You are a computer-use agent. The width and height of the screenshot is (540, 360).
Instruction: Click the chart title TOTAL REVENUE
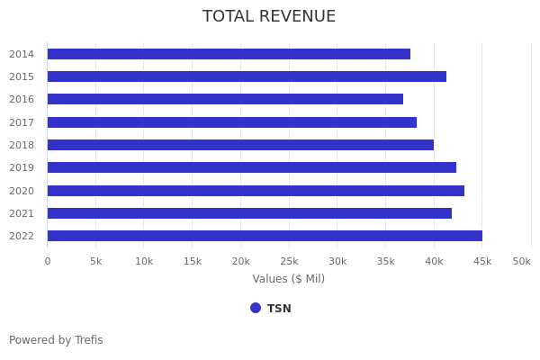click(x=269, y=17)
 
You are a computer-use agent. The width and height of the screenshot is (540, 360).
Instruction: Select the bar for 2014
click(x=229, y=54)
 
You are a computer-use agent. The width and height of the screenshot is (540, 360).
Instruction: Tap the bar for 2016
click(x=225, y=99)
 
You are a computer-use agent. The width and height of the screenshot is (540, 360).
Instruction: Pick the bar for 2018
click(x=240, y=145)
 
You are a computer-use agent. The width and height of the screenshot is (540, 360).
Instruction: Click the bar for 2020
click(x=256, y=191)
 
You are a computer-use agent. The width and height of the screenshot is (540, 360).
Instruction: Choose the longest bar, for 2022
click(x=265, y=236)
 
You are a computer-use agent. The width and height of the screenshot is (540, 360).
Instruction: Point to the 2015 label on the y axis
click(x=22, y=76)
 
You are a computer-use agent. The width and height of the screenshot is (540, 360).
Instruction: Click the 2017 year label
click(x=22, y=122)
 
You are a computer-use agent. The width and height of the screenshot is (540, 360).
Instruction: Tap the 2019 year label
click(x=22, y=167)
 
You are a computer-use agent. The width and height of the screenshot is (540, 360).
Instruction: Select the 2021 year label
click(x=22, y=213)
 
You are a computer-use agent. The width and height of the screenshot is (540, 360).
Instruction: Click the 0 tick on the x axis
click(x=48, y=261)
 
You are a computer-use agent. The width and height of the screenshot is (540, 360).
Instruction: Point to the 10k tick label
click(x=144, y=261)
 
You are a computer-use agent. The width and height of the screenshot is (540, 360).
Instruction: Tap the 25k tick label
click(x=289, y=261)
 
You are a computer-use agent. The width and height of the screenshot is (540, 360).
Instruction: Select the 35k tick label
click(x=385, y=261)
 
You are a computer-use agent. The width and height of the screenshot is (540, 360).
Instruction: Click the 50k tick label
click(x=521, y=261)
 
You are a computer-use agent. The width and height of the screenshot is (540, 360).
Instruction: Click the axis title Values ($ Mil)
click(x=288, y=279)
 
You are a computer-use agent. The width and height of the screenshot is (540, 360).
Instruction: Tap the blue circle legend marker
click(x=256, y=308)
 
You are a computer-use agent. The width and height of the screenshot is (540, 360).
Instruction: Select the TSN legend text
click(x=279, y=309)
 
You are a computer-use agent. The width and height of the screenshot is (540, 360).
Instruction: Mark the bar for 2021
click(x=249, y=213)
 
